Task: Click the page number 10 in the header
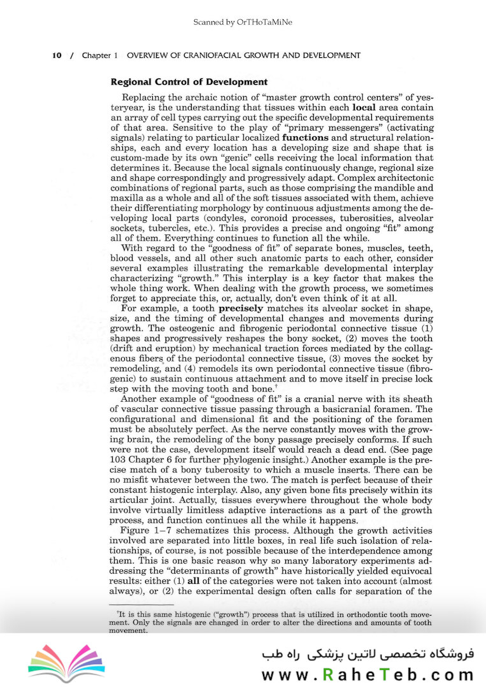pos(57,55)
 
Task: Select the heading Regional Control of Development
pos(189,81)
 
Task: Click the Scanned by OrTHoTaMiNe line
pos(243,22)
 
